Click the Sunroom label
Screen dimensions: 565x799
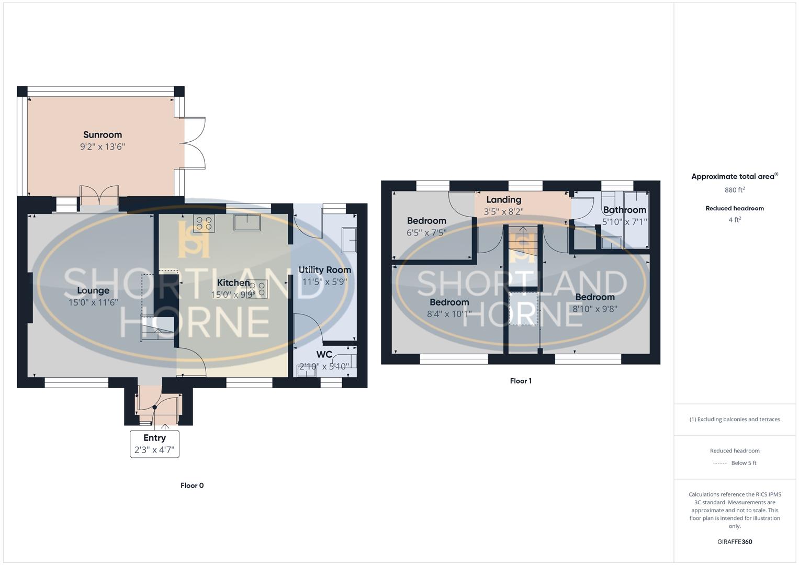coord(103,135)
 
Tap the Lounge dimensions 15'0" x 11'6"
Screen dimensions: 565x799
coord(93,302)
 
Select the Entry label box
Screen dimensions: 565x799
coord(154,444)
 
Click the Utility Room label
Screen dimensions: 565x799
coord(324,270)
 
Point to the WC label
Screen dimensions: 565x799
coord(324,355)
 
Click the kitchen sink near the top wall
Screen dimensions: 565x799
coord(247,222)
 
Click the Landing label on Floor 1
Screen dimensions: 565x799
coord(503,199)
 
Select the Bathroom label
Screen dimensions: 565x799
coord(624,210)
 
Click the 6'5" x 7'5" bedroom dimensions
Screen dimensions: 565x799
coord(426,232)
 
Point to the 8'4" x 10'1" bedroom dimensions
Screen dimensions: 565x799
coord(449,314)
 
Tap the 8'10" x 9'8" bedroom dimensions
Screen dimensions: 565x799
coord(594,309)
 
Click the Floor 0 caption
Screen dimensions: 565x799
coord(192,485)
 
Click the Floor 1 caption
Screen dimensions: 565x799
coord(521,381)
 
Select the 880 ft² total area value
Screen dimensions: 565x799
coord(735,190)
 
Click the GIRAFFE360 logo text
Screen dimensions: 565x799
coord(735,542)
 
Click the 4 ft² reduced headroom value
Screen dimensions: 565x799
coord(735,220)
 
